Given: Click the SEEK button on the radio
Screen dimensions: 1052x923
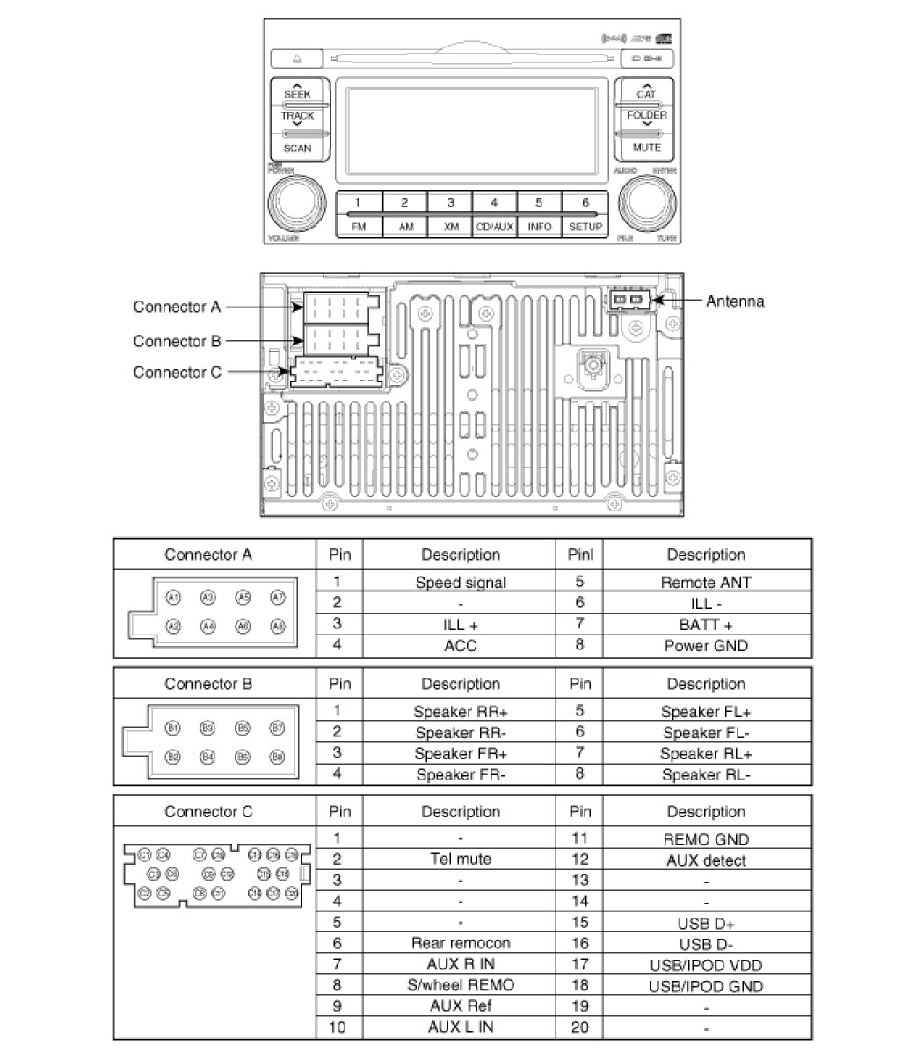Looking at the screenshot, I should point(297,92).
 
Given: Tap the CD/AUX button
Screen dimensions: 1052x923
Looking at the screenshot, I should point(494,226).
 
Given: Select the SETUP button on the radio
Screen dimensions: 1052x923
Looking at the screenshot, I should point(585,226).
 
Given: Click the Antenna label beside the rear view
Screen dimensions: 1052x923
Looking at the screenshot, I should point(735,301).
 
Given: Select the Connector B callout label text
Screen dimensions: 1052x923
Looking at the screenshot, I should point(177,341).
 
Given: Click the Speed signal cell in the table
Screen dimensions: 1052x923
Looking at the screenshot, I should point(460,582).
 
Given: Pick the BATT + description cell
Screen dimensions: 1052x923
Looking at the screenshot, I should point(706,625).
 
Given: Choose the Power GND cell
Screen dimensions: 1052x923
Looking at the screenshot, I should point(706,646).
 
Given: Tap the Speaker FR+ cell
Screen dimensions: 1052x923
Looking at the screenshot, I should point(460,754).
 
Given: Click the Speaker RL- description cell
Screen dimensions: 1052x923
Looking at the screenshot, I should point(706,775).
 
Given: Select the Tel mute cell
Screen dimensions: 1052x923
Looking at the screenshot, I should point(460,860).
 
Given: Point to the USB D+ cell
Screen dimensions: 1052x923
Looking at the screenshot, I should point(706,924).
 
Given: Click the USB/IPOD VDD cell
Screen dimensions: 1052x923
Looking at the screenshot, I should point(706,965).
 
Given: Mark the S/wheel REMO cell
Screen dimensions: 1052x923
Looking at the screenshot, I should point(460,985).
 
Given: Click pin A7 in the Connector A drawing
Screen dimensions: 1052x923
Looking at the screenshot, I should point(278,598).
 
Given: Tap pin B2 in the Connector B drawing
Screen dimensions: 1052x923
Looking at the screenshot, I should point(173,756).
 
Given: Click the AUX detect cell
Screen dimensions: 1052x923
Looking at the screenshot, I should point(706,860).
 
